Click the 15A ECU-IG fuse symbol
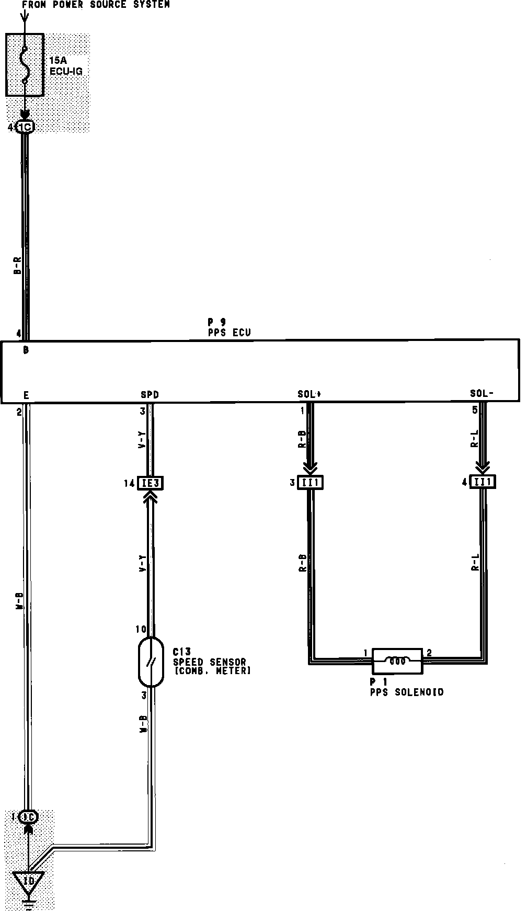tap(25, 65)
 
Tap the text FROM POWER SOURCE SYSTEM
tap(96, 5)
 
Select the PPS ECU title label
tap(229, 333)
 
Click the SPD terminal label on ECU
tap(150, 395)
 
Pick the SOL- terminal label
tap(482, 394)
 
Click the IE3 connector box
tap(150, 483)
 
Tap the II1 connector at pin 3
tap(311, 482)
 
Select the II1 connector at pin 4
tap(483, 482)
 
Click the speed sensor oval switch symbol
tap(151, 662)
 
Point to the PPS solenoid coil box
tap(397, 661)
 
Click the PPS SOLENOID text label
tap(407, 692)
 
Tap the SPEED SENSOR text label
tap(210, 662)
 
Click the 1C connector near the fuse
tap(25, 127)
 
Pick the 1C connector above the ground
tap(28, 816)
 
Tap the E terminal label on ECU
tap(26, 395)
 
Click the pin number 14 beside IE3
tap(129, 484)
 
